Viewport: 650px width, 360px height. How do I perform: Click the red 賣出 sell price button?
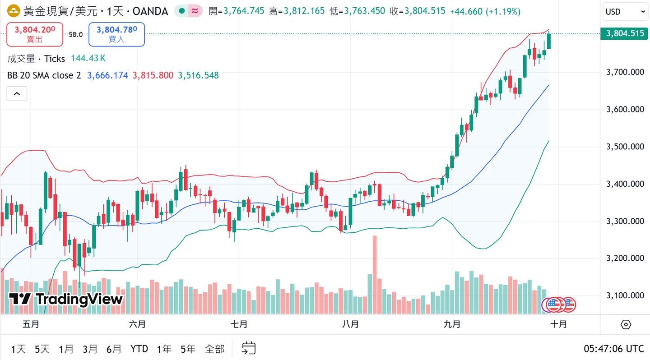35,34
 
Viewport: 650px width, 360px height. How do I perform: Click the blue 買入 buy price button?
116,34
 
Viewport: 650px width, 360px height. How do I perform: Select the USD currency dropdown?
625,12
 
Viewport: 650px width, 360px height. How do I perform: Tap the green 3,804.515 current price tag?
625,33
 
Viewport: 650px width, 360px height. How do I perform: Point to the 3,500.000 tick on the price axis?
625,147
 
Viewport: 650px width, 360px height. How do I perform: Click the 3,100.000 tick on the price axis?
625,295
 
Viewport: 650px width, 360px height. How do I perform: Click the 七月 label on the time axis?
239,324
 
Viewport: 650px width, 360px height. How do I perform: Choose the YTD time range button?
139,349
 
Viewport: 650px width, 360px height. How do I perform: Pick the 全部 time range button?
214,349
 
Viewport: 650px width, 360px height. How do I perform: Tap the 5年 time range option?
188,349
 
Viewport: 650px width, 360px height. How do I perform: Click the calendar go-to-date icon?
249,348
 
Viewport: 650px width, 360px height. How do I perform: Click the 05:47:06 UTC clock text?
613,349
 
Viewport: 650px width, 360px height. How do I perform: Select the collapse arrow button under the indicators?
17,94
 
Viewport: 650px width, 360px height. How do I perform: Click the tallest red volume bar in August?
374,274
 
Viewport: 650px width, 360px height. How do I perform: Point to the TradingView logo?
66,299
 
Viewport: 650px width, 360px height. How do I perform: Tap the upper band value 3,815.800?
153,75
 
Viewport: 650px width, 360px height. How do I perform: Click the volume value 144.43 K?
88,59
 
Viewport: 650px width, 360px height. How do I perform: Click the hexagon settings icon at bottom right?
626,324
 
